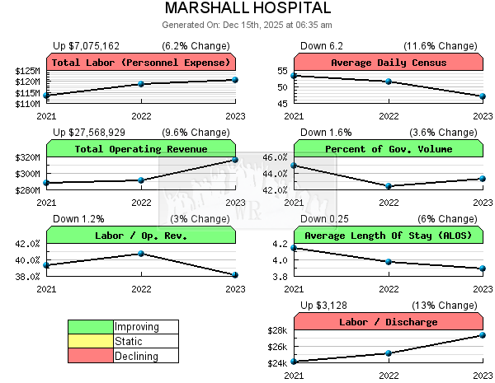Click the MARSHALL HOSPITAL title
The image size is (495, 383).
(x=247, y=8)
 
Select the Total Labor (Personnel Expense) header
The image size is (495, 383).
(x=141, y=63)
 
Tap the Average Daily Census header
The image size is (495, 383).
(x=388, y=63)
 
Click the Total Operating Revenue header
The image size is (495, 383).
(x=141, y=149)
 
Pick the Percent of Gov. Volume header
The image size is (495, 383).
(x=388, y=149)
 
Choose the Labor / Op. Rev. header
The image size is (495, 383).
(x=141, y=236)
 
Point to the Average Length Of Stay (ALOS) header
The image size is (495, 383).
(x=388, y=236)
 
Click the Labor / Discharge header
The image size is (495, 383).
(x=388, y=322)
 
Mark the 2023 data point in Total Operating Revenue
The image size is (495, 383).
(x=235, y=159)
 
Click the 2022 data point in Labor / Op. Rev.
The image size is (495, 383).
(x=141, y=254)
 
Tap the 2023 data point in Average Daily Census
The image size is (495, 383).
(x=483, y=96)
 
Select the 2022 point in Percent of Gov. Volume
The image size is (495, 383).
(x=389, y=186)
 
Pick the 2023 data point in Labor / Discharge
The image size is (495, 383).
(x=483, y=335)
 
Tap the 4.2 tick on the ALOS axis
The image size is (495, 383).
(x=280, y=244)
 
